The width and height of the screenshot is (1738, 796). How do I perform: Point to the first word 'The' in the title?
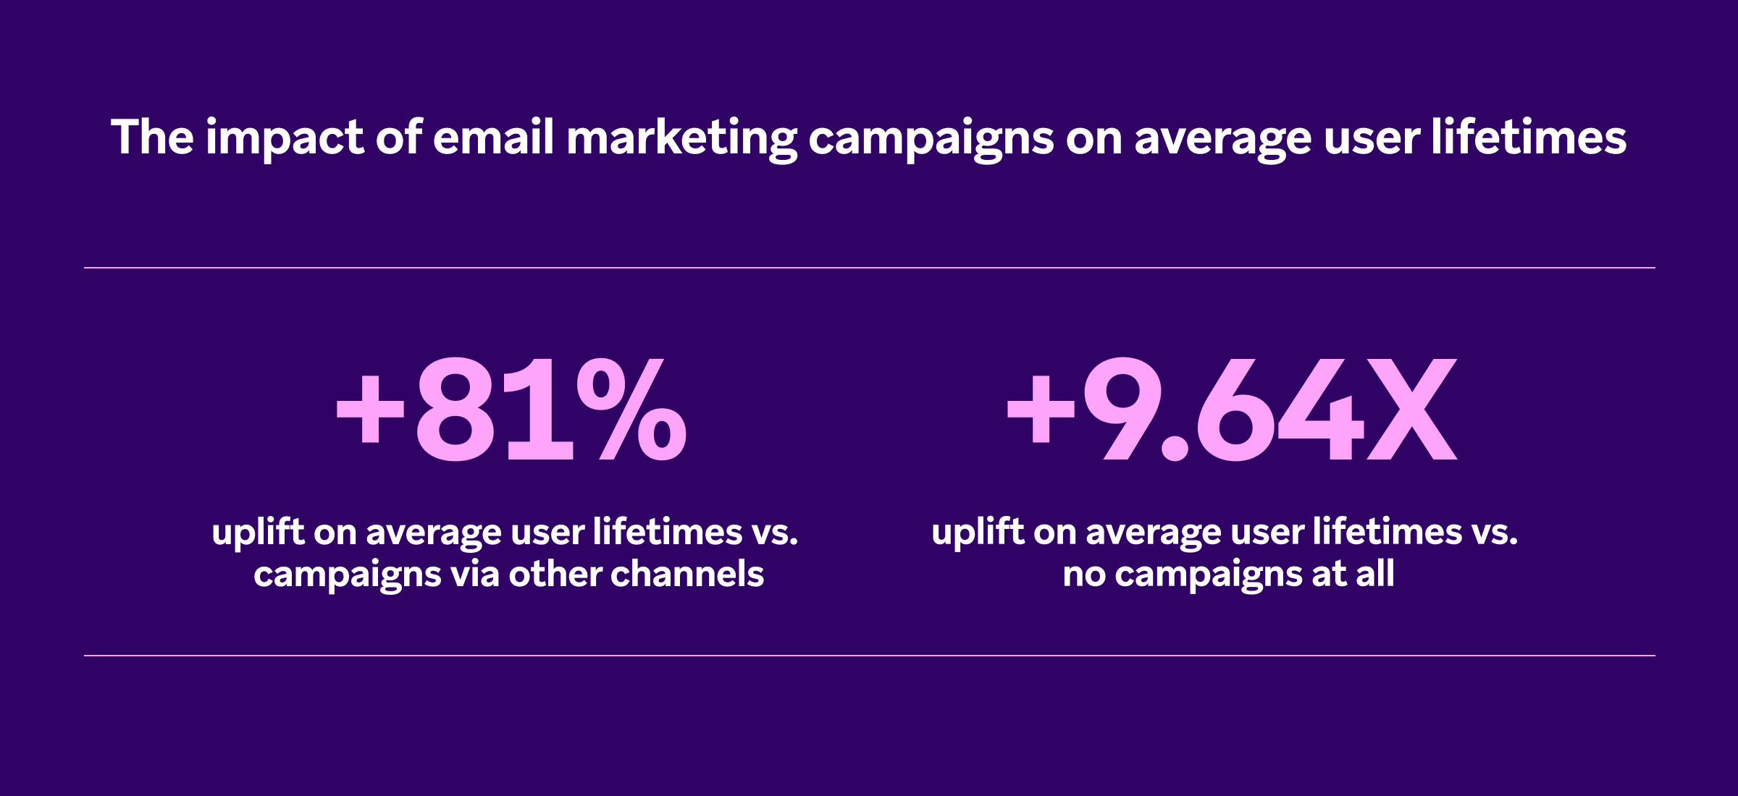[152, 137]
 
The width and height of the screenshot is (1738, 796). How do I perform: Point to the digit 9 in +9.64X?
[1122, 409]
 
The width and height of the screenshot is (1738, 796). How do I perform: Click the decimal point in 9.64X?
[1175, 447]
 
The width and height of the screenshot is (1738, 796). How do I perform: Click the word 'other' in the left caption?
[555, 575]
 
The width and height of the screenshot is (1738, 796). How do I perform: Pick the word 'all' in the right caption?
[1374, 575]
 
